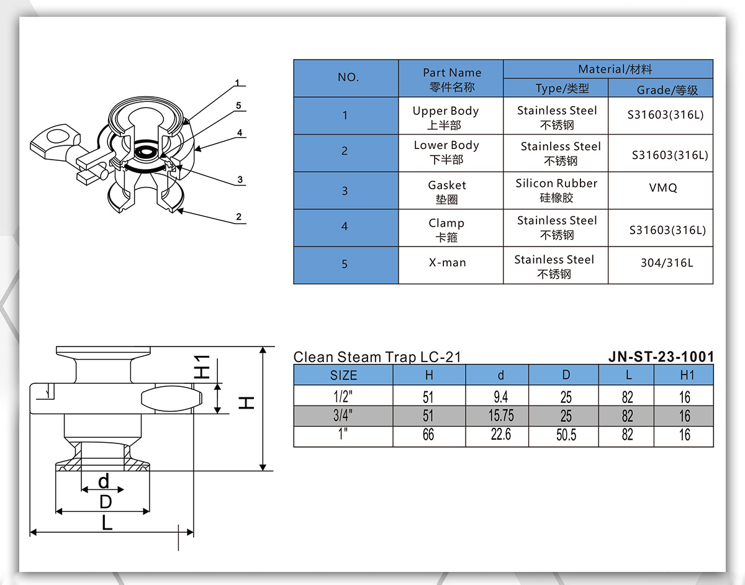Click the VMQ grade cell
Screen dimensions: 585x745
pos(662,188)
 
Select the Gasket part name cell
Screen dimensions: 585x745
pos(447,191)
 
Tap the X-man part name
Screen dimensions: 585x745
pos(447,263)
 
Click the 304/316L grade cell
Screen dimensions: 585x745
pos(667,263)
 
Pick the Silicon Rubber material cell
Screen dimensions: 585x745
pos(556,190)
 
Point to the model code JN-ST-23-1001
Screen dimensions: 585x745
pos(661,356)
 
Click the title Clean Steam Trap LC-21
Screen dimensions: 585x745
pos(377,357)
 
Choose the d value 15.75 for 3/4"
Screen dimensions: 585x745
pos(501,415)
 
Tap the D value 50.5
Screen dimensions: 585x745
pos(566,435)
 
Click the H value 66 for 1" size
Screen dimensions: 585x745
pos(428,435)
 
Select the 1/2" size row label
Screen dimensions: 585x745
pos(343,396)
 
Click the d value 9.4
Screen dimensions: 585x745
pos(501,396)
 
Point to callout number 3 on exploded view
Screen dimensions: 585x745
pos(240,180)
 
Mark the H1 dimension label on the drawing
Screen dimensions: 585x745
pos(202,367)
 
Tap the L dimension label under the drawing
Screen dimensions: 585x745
pos(107,524)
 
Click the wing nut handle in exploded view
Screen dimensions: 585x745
pos(56,138)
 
